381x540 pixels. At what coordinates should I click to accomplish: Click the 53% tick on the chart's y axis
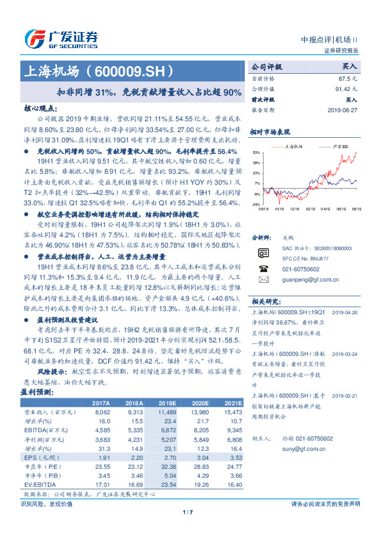tap(256, 153)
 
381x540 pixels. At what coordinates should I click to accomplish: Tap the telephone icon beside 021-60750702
tap(262, 270)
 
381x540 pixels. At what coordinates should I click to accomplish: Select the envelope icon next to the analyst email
tap(262, 280)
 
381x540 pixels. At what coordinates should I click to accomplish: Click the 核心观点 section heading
tap(38, 109)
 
